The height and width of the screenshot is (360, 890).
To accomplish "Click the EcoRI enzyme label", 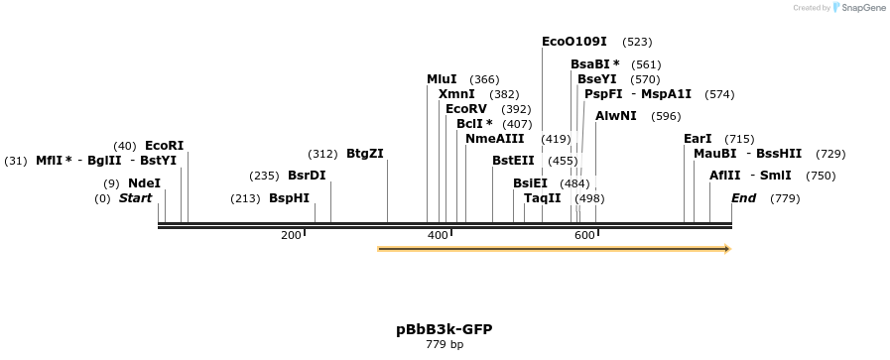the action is [x=165, y=146].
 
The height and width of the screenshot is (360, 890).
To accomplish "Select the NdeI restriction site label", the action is [x=144, y=183].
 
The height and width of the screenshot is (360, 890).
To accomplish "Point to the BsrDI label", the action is [x=307, y=176].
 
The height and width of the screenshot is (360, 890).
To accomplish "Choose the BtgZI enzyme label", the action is [x=365, y=154].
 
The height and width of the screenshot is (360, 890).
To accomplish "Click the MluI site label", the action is [x=442, y=79].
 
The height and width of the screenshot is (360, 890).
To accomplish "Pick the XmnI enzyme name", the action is [x=457, y=94].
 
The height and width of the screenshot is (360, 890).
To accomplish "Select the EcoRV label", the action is [x=466, y=109].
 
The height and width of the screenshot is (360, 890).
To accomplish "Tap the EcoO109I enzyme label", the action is [x=574, y=42].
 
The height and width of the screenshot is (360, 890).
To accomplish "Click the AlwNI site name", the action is [x=616, y=116].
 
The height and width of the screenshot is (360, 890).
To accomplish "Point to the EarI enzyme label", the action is [x=698, y=139].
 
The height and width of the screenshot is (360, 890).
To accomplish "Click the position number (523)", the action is [x=637, y=42].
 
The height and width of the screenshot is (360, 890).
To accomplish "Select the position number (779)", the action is [x=785, y=198].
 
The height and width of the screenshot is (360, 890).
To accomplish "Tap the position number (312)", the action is [x=323, y=154].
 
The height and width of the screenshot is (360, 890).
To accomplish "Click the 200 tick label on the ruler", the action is [x=291, y=235].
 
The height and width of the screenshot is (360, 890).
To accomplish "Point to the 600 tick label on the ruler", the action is [x=584, y=235].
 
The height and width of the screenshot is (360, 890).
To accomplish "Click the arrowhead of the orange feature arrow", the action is [x=728, y=249].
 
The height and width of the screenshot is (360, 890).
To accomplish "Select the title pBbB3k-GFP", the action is [x=445, y=330].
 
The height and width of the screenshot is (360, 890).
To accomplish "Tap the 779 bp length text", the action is [x=445, y=344].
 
